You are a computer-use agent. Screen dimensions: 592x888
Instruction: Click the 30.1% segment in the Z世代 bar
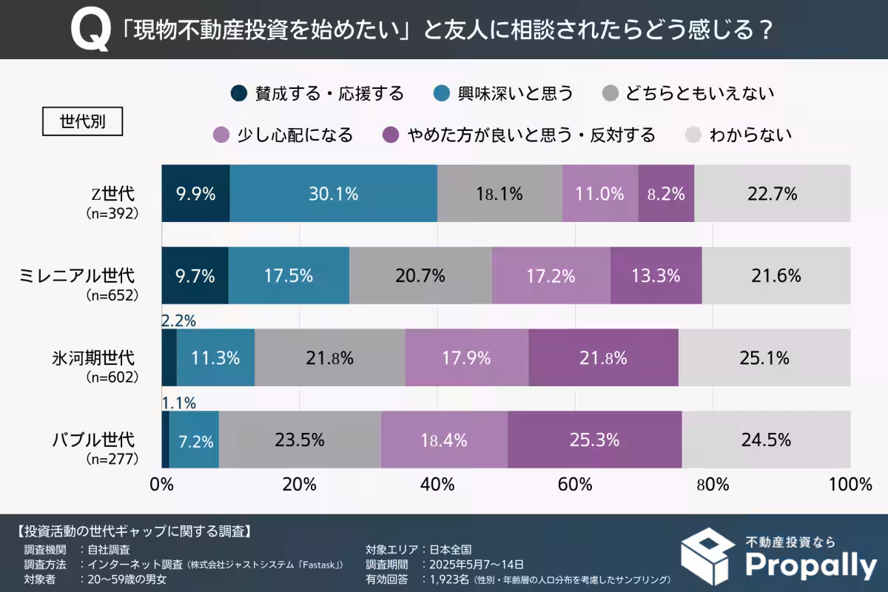pyautogui.click(x=333, y=194)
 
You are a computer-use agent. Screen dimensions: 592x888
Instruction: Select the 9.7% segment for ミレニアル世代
pyautogui.click(x=195, y=276)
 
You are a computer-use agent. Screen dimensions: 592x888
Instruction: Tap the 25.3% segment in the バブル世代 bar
pyautogui.click(x=594, y=440)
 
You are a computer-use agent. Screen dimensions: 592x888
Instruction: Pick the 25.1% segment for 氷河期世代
pyautogui.click(x=764, y=358)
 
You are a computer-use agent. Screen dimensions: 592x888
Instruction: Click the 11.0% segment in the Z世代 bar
pyautogui.click(x=599, y=194)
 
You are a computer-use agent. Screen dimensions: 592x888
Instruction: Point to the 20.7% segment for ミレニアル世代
pyautogui.click(x=420, y=276)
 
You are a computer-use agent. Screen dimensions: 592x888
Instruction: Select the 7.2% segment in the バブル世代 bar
pyautogui.click(x=195, y=441)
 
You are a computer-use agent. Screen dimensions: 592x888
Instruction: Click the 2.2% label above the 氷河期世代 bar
pyautogui.click(x=178, y=320)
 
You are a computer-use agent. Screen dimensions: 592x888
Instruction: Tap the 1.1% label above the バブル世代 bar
pyautogui.click(x=178, y=403)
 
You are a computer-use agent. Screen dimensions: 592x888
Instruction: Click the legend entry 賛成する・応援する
pyautogui.click(x=318, y=93)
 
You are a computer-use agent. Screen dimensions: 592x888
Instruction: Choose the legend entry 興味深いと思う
pyautogui.click(x=504, y=93)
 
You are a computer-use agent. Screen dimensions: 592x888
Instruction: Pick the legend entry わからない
pyautogui.click(x=739, y=135)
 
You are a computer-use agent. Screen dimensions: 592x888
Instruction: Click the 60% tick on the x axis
pyautogui.click(x=575, y=485)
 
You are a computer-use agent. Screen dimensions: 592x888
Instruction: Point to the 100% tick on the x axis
pyautogui.click(x=850, y=485)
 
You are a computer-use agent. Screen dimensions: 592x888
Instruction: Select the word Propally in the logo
pyautogui.click(x=810, y=565)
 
